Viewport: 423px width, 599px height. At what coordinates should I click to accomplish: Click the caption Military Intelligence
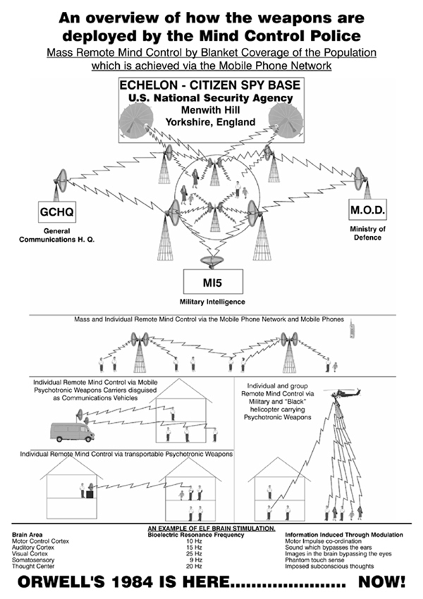tap(212, 301)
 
